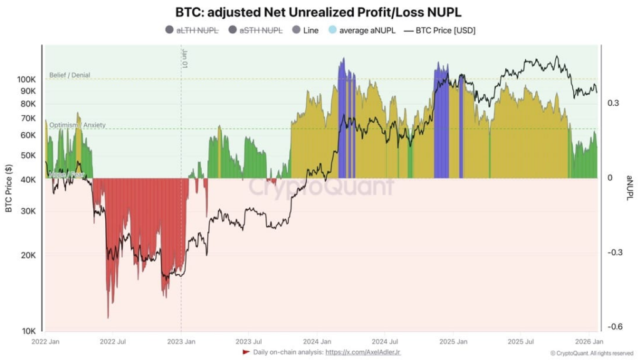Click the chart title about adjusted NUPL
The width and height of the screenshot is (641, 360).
[320, 12]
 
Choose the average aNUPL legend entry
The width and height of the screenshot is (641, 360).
[367, 30]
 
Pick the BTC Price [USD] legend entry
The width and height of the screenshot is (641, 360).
[445, 30]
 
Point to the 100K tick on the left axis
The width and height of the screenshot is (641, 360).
[26, 80]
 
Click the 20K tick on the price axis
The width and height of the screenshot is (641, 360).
[29, 255]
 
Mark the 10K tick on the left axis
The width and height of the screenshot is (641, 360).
[29, 331]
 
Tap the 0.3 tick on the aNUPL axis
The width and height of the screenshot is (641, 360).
[613, 103]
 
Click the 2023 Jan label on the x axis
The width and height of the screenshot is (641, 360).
[180, 342]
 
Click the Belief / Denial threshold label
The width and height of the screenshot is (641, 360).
[69, 75]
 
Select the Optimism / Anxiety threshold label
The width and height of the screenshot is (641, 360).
[77, 125]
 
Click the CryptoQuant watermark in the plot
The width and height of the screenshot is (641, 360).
[322, 187]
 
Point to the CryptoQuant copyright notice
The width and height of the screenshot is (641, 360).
[592, 353]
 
